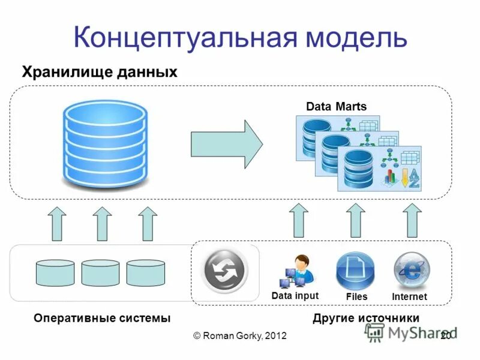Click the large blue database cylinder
(104, 143)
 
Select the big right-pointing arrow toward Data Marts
(226, 144)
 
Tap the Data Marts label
(335, 107)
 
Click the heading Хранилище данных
(100, 73)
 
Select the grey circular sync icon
(224, 272)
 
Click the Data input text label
(295, 296)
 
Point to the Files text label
(356, 297)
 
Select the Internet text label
(409, 297)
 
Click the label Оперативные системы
(102, 318)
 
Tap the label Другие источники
(366, 318)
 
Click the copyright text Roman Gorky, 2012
(240, 336)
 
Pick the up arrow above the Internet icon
(412, 220)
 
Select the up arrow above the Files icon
(356, 220)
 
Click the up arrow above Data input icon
(298, 220)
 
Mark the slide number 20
(445, 336)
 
